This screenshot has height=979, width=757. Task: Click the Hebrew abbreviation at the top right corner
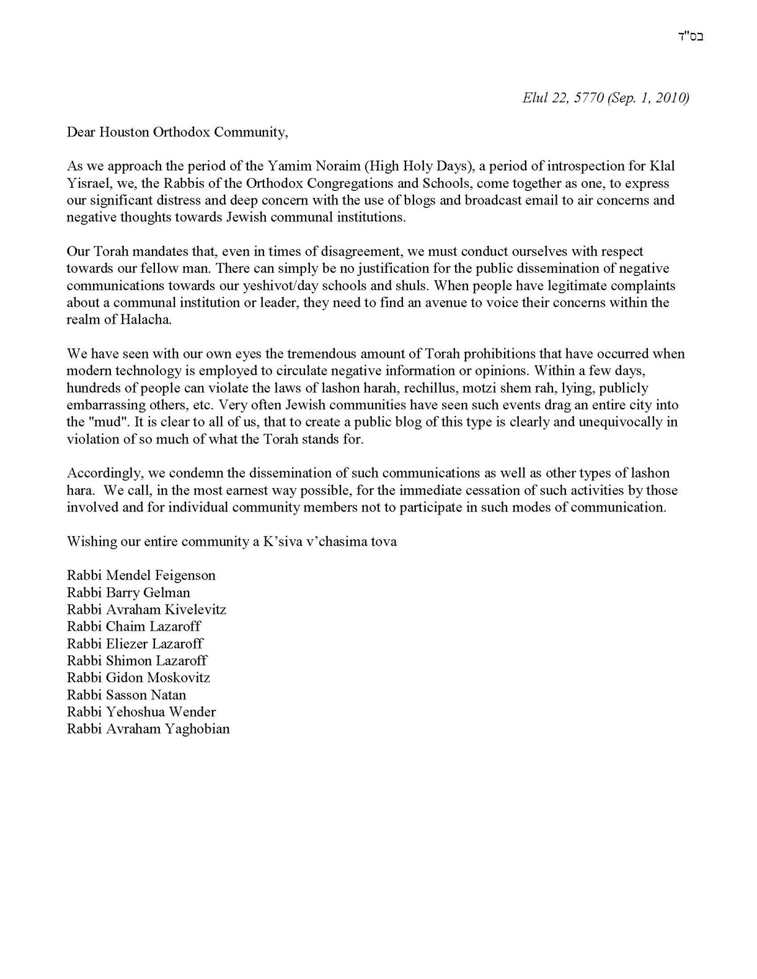[x=692, y=35]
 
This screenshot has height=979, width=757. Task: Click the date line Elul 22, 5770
[x=605, y=98]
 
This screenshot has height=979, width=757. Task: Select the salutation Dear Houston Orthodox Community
[x=177, y=132]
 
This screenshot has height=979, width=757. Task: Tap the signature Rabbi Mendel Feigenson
[x=141, y=575]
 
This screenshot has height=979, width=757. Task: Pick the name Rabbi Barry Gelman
[x=129, y=592]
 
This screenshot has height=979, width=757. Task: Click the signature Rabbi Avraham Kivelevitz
[x=146, y=609]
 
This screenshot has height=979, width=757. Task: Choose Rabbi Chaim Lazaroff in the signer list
[x=134, y=627]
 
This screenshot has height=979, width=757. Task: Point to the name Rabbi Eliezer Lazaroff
[x=135, y=644]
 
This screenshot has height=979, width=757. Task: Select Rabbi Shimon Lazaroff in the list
[x=137, y=661]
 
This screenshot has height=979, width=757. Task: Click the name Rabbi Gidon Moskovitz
[x=138, y=678]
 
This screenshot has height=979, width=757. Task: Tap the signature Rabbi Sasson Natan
[x=126, y=695]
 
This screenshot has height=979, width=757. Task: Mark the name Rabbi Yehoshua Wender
[x=141, y=712]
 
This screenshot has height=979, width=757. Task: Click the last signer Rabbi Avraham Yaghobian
[x=148, y=729]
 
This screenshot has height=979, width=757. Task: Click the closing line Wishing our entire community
[x=232, y=542]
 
